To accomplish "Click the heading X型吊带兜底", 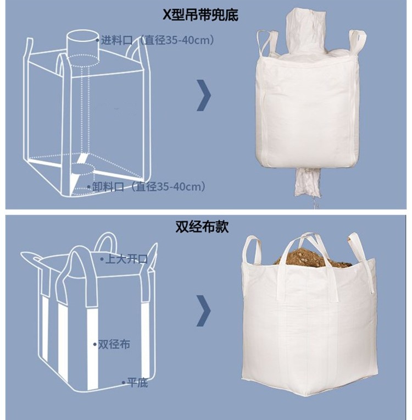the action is click(x=201, y=14).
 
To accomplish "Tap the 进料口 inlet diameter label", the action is click(x=158, y=40).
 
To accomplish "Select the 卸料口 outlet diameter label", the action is click(x=149, y=186).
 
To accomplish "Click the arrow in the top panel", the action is click(x=204, y=95).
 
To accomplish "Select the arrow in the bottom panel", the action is click(x=204, y=311).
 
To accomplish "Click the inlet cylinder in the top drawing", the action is click(x=83, y=48).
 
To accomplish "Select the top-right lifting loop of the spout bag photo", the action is click(x=357, y=42).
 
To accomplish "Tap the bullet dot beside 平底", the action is click(x=124, y=383).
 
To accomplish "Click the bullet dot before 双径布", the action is click(x=95, y=344).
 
